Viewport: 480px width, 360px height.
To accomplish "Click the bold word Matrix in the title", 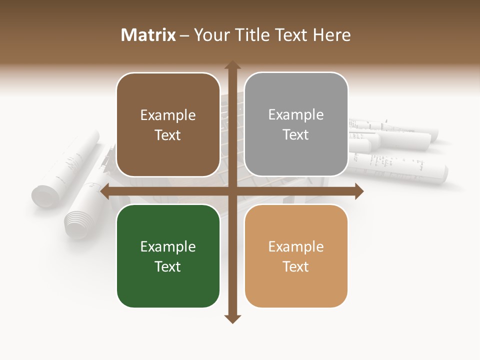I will click(x=148, y=35).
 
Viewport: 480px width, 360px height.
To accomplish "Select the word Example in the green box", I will click(x=168, y=246).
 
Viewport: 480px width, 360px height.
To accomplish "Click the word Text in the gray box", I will click(x=296, y=134).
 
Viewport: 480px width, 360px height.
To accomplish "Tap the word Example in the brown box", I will click(x=168, y=115).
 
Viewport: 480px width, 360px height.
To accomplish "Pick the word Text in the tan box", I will click(x=296, y=266).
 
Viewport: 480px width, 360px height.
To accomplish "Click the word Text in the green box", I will click(x=168, y=266).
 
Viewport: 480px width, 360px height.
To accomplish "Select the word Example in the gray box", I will click(x=296, y=114).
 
